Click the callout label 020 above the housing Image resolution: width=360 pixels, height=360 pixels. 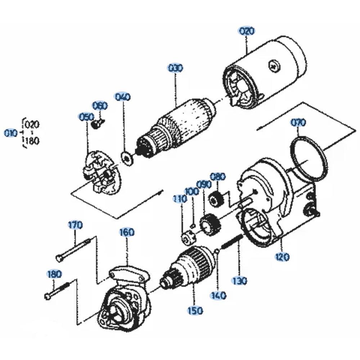[x=247, y=31]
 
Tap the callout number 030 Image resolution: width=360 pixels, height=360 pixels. [x=175, y=68]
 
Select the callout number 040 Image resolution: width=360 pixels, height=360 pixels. [x=122, y=97]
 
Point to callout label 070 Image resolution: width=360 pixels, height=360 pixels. [x=298, y=123]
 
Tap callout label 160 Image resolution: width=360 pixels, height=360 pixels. [x=127, y=232]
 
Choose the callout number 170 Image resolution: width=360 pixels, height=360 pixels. [x=75, y=226]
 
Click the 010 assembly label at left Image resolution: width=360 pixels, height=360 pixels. [x=11, y=133]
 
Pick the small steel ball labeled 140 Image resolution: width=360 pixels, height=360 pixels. [x=217, y=251]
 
